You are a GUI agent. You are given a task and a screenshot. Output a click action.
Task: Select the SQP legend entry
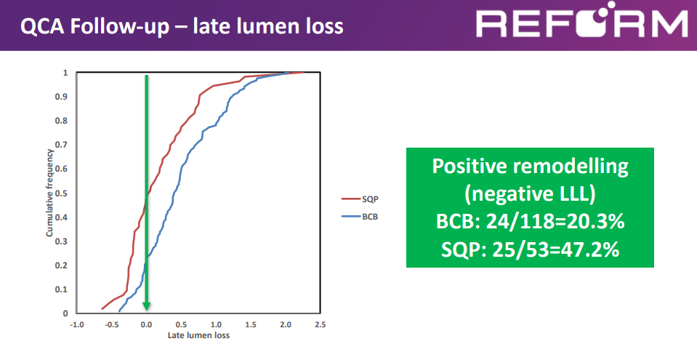click(x=360, y=199)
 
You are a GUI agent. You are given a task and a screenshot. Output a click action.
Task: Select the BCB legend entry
click(x=360, y=217)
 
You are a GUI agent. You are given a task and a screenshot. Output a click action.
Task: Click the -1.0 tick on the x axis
click(x=77, y=325)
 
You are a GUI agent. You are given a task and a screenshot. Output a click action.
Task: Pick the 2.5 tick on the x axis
click(x=320, y=325)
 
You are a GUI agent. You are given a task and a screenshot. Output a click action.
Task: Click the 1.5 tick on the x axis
click(x=251, y=325)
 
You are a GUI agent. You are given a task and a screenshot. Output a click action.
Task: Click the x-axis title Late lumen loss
click(x=198, y=335)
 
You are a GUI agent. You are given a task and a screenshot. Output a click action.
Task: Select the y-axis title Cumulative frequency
click(x=49, y=193)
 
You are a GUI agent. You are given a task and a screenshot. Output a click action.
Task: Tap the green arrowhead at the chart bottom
click(x=146, y=306)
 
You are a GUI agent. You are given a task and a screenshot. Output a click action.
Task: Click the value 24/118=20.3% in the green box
click(x=555, y=221)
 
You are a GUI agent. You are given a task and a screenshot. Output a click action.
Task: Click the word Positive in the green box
click(x=470, y=166)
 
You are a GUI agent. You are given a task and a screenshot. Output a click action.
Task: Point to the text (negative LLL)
click(x=530, y=194)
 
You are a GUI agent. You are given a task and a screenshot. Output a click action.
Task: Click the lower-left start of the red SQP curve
click(x=102, y=308)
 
